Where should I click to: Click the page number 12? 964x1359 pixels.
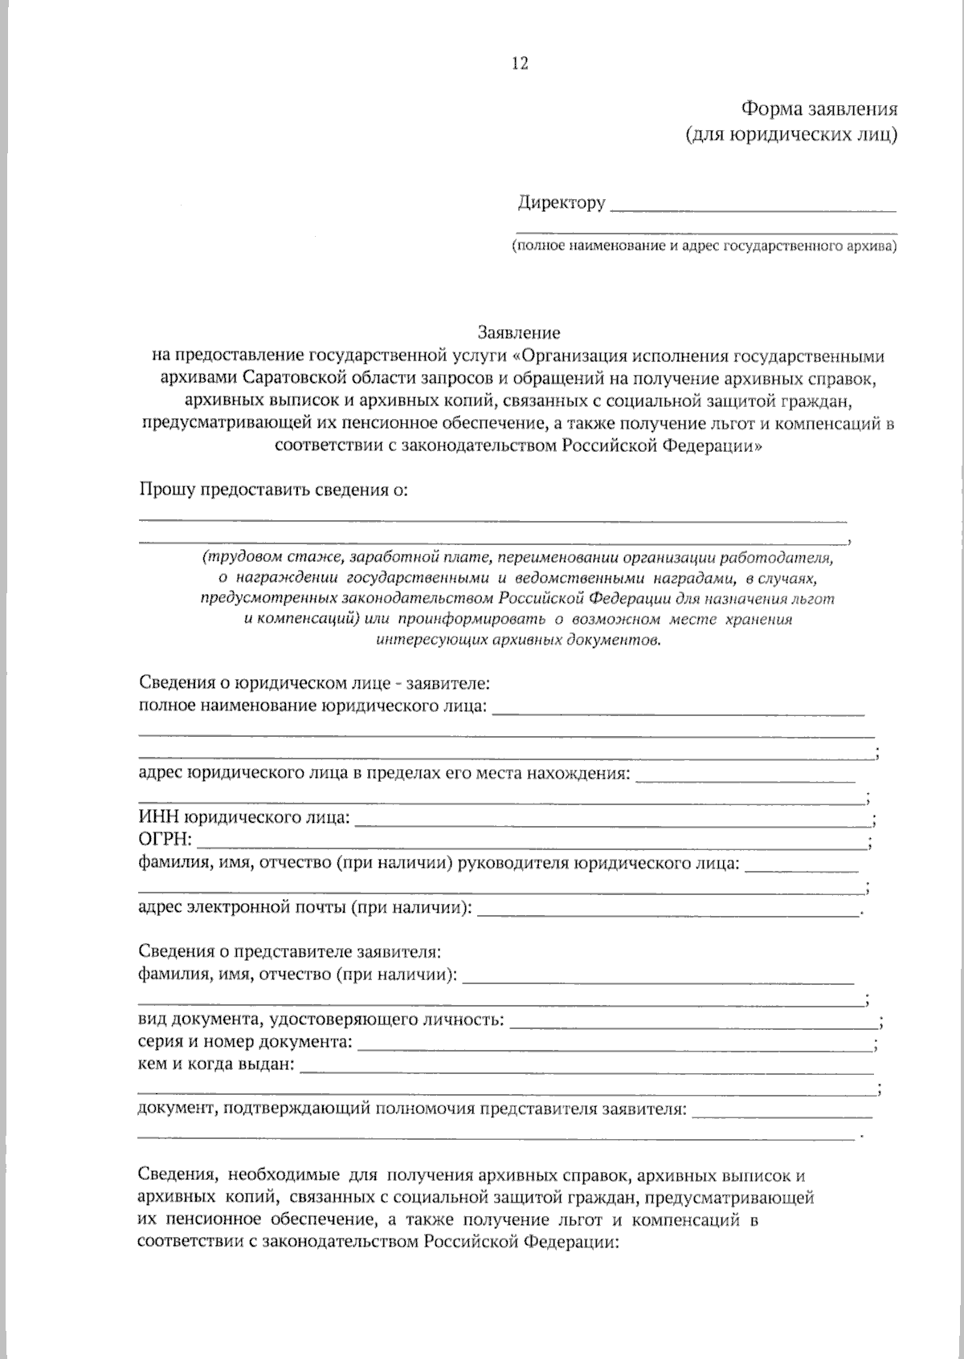(519, 64)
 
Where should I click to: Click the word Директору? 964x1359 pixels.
(561, 202)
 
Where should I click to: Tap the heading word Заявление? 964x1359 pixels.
(519, 332)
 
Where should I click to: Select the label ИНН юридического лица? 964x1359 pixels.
(244, 818)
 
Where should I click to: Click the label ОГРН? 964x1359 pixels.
(165, 840)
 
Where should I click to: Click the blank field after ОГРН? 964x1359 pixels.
(532, 845)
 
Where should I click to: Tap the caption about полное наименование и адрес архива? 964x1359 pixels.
(705, 246)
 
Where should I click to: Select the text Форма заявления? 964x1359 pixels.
(818, 109)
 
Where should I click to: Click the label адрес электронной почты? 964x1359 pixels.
(304, 908)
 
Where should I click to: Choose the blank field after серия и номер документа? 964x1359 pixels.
(614, 1048)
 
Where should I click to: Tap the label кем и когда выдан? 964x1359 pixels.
(216, 1066)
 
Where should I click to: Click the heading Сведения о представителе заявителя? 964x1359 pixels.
(290, 952)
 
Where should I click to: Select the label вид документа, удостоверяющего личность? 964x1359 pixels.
(321, 1020)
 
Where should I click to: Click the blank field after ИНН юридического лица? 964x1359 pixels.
(611, 823)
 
